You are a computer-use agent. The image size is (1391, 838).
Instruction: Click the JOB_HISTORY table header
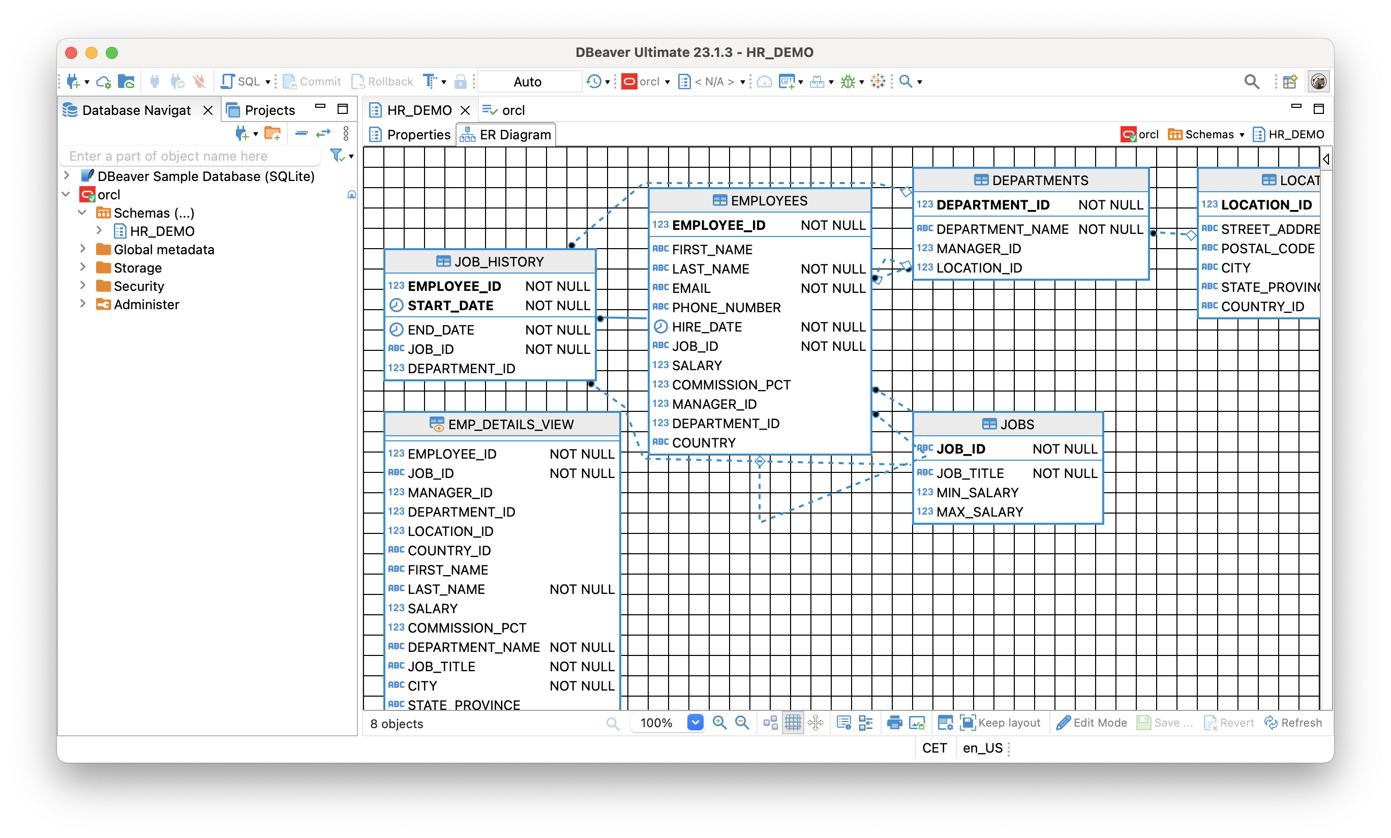pyautogui.click(x=490, y=261)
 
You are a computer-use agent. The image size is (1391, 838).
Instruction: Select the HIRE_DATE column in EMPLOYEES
pyautogui.click(x=706, y=327)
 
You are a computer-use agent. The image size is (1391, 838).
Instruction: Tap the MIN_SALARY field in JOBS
pyautogui.click(x=977, y=492)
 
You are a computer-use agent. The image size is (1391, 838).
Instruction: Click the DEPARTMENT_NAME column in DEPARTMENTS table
pyautogui.click(x=1002, y=229)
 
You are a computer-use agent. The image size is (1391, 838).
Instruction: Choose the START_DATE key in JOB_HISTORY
pyautogui.click(x=450, y=306)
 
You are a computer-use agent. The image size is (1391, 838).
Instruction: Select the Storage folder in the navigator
pyautogui.click(x=137, y=267)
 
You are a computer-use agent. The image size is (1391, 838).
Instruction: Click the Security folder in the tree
pyautogui.click(x=138, y=286)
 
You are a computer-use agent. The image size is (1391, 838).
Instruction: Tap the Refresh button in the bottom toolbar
pyautogui.click(x=1293, y=723)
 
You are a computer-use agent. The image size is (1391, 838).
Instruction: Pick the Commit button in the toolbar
pyautogui.click(x=312, y=81)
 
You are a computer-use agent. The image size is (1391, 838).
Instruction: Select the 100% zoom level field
pyautogui.click(x=656, y=723)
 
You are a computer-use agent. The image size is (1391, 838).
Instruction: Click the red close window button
pyautogui.click(x=71, y=52)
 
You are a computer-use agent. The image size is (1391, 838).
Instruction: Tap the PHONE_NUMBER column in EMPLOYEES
pyautogui.click(x=726, y=308)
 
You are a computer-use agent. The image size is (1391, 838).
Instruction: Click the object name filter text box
pyautogui.click(x=190, y=156)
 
